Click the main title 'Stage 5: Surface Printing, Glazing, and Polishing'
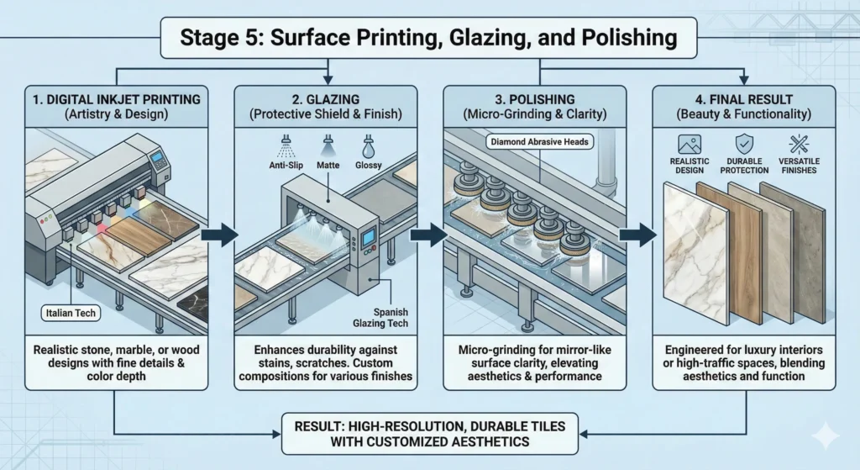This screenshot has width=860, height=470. click(x=428, y=38)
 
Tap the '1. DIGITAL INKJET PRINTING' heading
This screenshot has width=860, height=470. click(x=117, y=99)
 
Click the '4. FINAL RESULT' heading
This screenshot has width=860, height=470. click(x=743, y=99)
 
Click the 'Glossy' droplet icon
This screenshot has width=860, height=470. click(x=369, y=143)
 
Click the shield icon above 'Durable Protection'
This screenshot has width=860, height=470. click(x=743, y=144)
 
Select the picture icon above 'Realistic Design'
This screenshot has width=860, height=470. click(x=690, y=144)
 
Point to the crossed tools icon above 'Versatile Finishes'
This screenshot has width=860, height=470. click(x=796, y=144)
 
